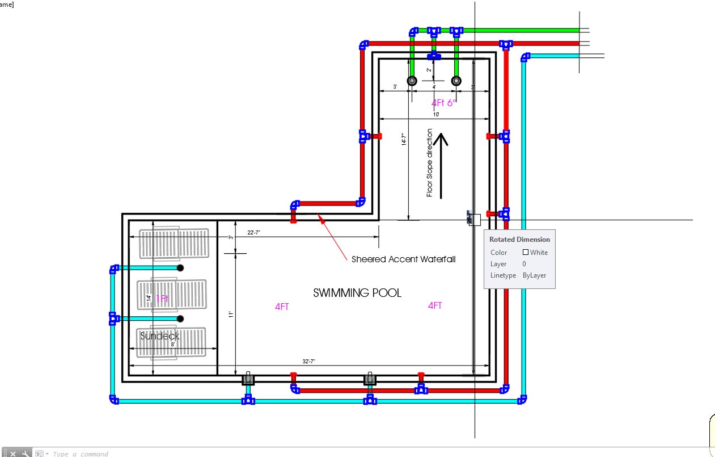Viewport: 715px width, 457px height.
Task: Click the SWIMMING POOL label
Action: click(357, 293)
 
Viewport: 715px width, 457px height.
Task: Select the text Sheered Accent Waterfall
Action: click(403, 259)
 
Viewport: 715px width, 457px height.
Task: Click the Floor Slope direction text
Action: click(430, 163)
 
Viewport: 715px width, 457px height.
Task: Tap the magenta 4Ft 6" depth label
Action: click(443, 103)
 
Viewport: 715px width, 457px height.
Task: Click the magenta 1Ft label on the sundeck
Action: click(162, 298)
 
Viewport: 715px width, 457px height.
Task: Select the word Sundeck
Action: click(160, 336)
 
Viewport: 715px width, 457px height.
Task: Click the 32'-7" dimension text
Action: click(310, 362)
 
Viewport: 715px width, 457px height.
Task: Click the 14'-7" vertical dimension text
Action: click(404, 139)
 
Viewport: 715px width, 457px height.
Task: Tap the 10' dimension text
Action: click(435, 115)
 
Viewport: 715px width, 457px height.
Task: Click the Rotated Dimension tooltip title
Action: click(519, 240)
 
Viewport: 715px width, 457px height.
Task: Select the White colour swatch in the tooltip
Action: click(526, 253)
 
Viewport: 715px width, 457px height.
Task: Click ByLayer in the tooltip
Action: click(535, 275)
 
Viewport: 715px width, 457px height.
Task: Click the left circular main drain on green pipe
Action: click(412, 81)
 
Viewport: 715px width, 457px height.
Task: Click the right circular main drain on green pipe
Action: click(456, 81)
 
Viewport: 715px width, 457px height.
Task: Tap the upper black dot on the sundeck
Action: click(180, 267)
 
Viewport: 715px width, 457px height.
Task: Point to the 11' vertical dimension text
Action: click(231, 314)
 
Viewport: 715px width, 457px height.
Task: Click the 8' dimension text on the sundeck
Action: click(172, 344)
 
